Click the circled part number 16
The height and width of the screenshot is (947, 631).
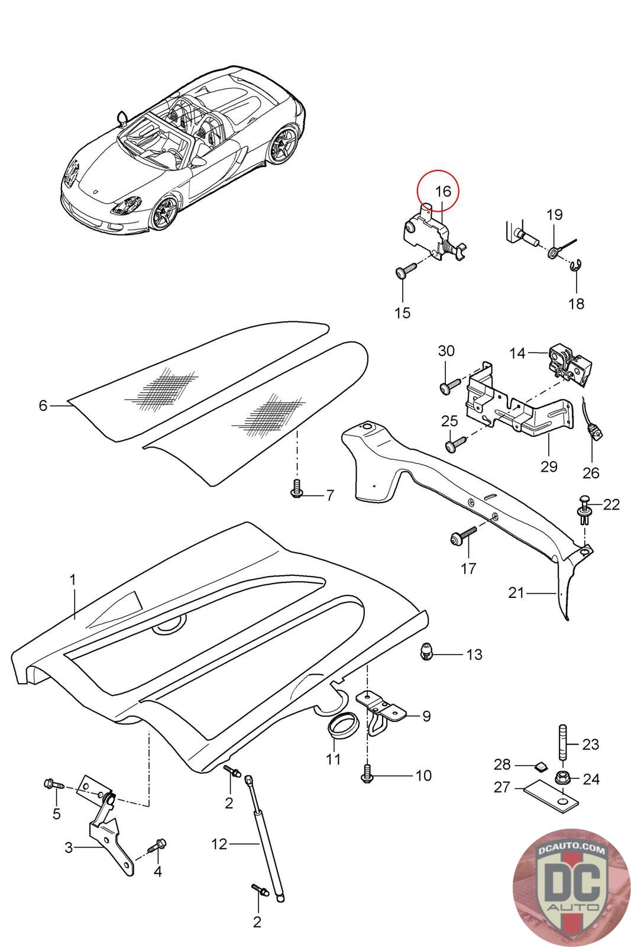[443, 192]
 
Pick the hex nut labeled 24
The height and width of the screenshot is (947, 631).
[562, 777]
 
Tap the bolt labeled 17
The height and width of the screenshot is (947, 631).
[462, 535]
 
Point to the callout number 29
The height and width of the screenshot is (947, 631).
[549, 466]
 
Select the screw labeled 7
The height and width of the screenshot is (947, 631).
[296, 488]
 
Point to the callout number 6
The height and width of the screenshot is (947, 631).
[43, 405]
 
